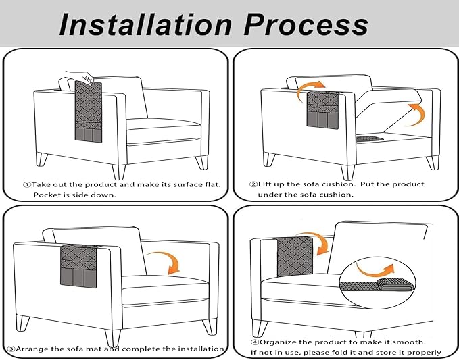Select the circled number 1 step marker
pos(27,184)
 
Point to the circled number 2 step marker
pos(253,184)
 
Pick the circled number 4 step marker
pos(256,342)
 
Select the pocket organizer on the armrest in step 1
pos(87,115)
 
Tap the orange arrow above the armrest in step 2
pos(312,87)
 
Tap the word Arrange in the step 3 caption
pos(34,349)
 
